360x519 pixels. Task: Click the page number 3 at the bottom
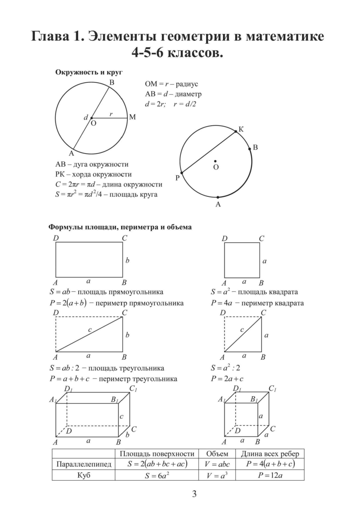[x=194, y=494]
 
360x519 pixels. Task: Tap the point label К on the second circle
[x=241, y=130]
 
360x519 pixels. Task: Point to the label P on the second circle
[x=177, y=178]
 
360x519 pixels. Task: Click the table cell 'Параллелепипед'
[x=84, y=464]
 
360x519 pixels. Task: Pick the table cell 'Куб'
[x=84, y=475]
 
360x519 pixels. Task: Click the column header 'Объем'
[x=217, y=454]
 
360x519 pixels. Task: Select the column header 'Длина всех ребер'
[x=270, y=454]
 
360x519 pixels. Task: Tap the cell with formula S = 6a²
[x=156, y=475]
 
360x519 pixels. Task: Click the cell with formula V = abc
[x=217, y=464]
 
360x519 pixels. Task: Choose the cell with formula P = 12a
[x=270, y=475]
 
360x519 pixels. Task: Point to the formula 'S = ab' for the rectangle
[x=58, y=292]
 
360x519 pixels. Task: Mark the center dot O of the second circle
[x=215, y=161]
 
